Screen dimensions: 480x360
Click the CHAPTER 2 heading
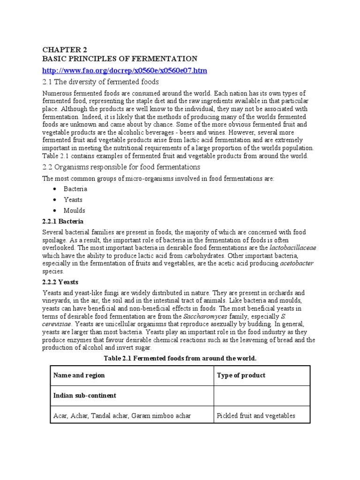65,49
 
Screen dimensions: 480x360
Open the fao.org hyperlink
125,70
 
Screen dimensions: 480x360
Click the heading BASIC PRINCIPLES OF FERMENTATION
120,59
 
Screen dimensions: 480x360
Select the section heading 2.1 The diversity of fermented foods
100,82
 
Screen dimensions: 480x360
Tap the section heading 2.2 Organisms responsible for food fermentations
121,167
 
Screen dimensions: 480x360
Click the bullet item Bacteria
76,189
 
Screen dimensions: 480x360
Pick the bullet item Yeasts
73,200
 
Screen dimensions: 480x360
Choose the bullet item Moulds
75,210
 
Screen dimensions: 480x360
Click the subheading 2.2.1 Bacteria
63,221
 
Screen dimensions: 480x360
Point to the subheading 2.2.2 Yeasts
60,282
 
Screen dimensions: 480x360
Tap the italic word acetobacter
297,263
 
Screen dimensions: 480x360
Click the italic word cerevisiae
57,324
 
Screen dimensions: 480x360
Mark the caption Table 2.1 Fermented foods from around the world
180,358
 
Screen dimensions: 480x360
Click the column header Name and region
79,375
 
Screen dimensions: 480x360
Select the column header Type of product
241,375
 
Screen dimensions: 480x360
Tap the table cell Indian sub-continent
85,396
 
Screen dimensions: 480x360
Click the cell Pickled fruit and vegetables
256,416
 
